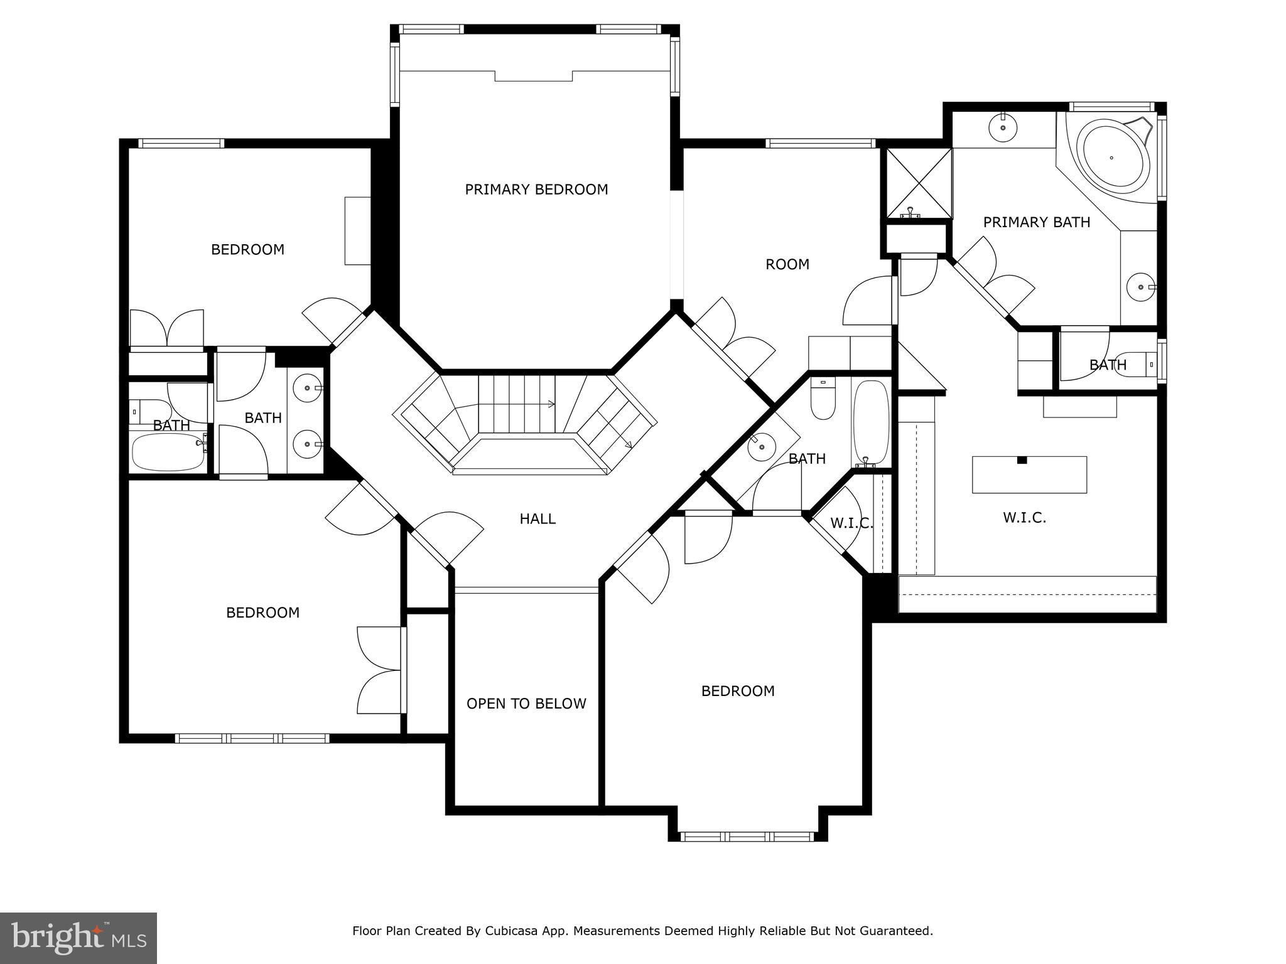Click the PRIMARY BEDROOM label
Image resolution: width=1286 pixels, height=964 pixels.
536,190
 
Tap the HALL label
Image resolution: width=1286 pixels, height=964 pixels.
538,519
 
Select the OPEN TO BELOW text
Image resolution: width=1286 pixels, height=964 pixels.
526,704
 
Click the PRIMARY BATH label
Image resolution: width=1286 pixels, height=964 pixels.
1037,222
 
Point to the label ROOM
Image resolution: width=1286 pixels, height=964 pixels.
787,264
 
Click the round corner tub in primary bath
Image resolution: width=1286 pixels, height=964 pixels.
1111,158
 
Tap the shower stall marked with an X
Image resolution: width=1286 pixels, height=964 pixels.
919,183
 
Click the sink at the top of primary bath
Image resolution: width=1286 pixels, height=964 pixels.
1003,127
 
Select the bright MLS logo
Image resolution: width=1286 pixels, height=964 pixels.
78,938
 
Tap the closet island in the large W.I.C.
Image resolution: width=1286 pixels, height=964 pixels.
1029,474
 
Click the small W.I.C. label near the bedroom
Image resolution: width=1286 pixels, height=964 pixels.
851,523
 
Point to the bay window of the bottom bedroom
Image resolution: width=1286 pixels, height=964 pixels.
747,836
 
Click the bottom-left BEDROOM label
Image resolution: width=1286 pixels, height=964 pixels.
263,613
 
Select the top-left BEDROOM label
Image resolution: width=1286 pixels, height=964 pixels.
247,250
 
